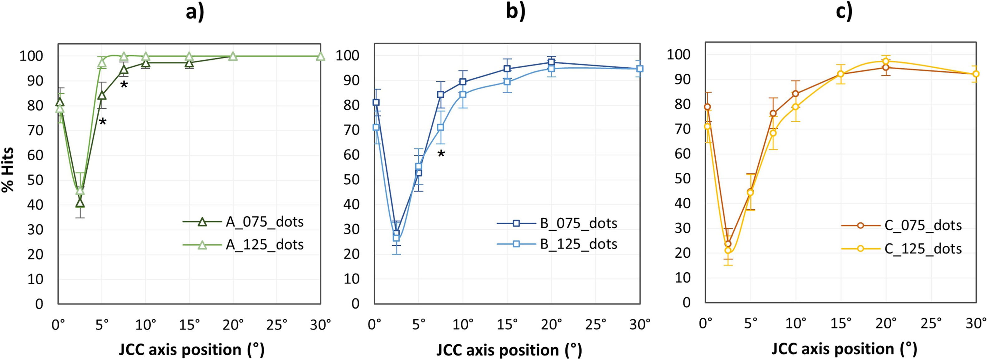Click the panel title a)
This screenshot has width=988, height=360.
pos(195,12)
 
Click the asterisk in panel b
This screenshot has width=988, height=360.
pos(441,154)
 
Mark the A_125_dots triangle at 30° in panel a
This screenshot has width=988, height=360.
pos(321,57)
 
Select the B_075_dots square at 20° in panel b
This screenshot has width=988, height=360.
pos(551,62)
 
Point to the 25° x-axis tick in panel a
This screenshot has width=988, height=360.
pos(276,325)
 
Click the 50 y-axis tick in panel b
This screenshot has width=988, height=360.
pos(351,179)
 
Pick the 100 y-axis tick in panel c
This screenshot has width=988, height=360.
pos(679,55)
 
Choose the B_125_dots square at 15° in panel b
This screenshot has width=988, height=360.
pos(507,82)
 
